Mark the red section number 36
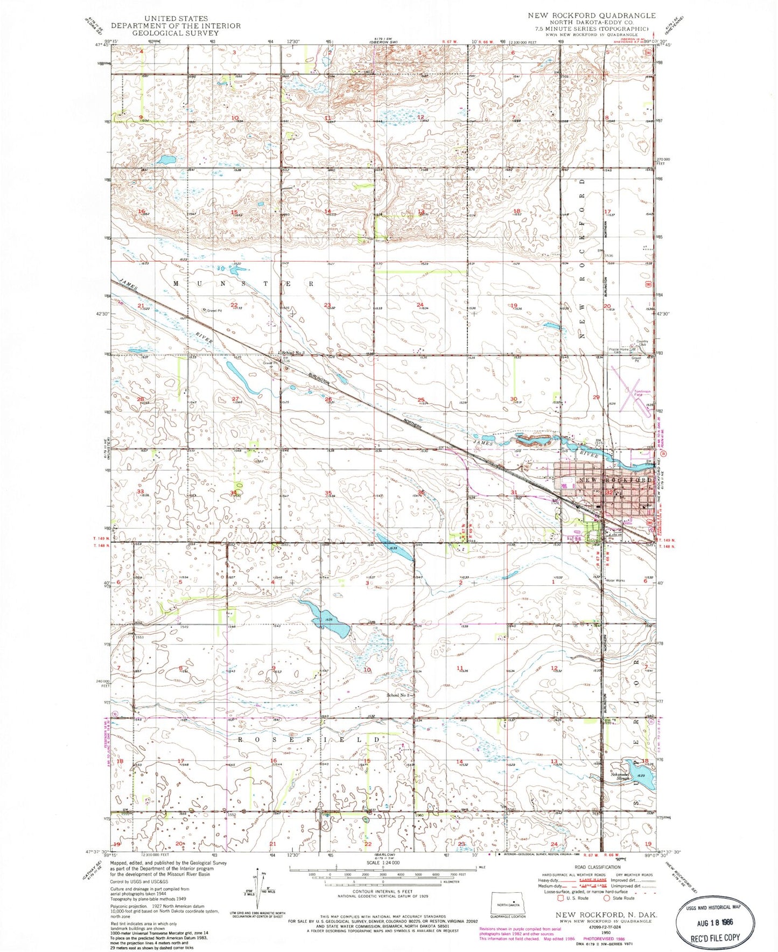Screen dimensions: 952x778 [422, 492]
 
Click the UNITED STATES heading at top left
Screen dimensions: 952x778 [159, 18]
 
